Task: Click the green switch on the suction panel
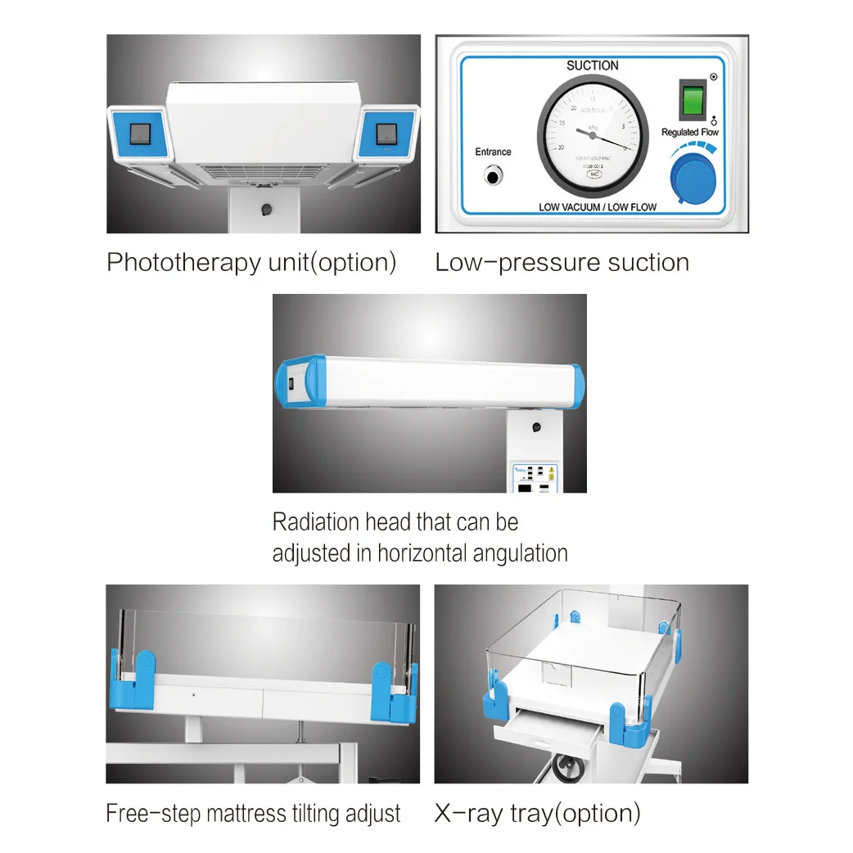pos(693,100)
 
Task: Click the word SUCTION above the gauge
pos(593,65)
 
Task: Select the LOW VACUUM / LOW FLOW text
pos(598,207)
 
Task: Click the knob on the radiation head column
pos(536,427)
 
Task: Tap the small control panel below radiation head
pos(535,477)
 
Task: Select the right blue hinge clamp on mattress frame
pos(390,686)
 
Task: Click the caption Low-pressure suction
pos(562,263)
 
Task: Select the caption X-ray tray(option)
pos(537,813)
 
